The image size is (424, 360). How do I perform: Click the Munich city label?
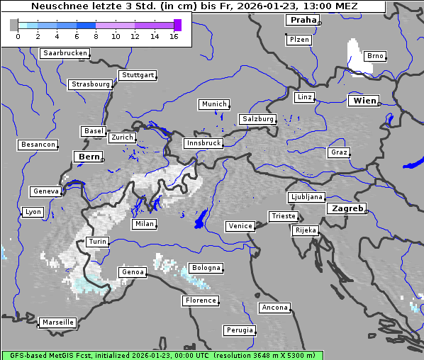(x=213, y=104)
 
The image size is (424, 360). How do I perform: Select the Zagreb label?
(x=346, y=209)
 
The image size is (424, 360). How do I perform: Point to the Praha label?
(x=303, y=20)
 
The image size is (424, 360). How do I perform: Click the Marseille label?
(x=57, y=322)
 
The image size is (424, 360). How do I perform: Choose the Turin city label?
(x=97, y=242)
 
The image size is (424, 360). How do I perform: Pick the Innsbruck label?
(x=203, y=143)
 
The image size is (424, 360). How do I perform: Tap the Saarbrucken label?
(x=65, y=53)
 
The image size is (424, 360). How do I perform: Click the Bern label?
(x=89, y=157)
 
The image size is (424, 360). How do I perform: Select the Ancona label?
(x=274, y=308)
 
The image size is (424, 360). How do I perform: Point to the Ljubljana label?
(x=306, y=197)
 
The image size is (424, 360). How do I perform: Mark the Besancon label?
(x=38, y=145)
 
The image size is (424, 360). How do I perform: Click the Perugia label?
(x=239, y=330)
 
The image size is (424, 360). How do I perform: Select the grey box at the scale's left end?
(x=13, y=25)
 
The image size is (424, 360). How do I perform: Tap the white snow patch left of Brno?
(x=354, y=55)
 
